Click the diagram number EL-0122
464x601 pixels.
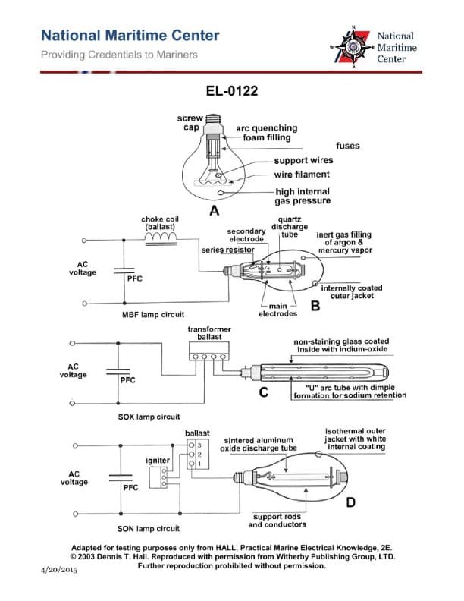coord(232,91)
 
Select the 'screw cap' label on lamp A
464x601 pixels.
coord(190,123)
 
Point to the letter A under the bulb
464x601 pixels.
coord(215,210)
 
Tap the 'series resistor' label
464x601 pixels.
coord(226,249)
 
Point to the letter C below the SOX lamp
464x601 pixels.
coord(264,392)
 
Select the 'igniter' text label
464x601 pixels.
coord(158,461)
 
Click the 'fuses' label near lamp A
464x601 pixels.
coord(347,145)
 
